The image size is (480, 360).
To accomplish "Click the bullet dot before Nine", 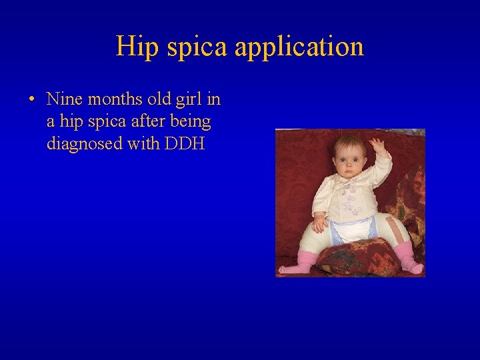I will (31, 100).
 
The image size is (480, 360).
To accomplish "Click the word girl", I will (190, 100).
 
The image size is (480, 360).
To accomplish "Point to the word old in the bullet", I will (157, 99).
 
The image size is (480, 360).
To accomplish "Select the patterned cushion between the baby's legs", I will (357, 257).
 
